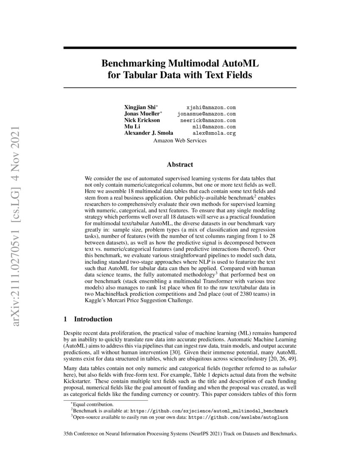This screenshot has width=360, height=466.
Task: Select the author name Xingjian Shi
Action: [x=141, y=108]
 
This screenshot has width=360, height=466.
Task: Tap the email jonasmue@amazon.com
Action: [x=206, y=114]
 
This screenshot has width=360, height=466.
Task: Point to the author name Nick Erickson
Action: [x=142, y=120]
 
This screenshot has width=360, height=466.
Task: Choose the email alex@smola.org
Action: [x=214, y=133]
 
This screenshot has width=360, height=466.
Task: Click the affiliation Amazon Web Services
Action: [x=180, y=140]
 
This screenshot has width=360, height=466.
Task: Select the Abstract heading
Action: [x=180, y=164]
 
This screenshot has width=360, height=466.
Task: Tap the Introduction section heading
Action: [x=93, y=319]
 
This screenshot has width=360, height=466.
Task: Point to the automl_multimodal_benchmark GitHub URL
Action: [x=209, y=411]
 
